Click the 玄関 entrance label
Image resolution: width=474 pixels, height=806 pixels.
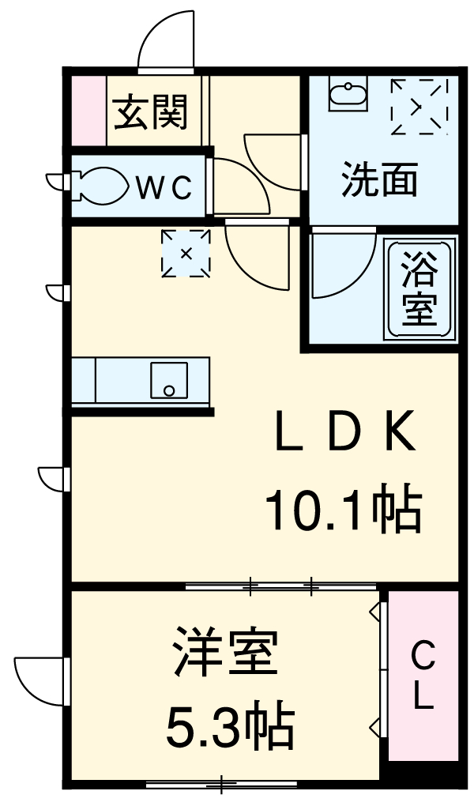152,112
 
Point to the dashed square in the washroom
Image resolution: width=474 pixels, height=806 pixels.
419,106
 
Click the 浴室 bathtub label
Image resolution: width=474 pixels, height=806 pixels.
420,289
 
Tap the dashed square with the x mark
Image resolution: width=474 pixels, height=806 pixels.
186,254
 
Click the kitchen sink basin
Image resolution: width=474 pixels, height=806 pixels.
169,381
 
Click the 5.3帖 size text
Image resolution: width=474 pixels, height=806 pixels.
229,728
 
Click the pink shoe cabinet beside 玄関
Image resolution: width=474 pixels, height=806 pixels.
88,111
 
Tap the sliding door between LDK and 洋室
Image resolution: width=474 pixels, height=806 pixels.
280,586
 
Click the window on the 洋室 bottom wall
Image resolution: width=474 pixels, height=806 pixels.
221,784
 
